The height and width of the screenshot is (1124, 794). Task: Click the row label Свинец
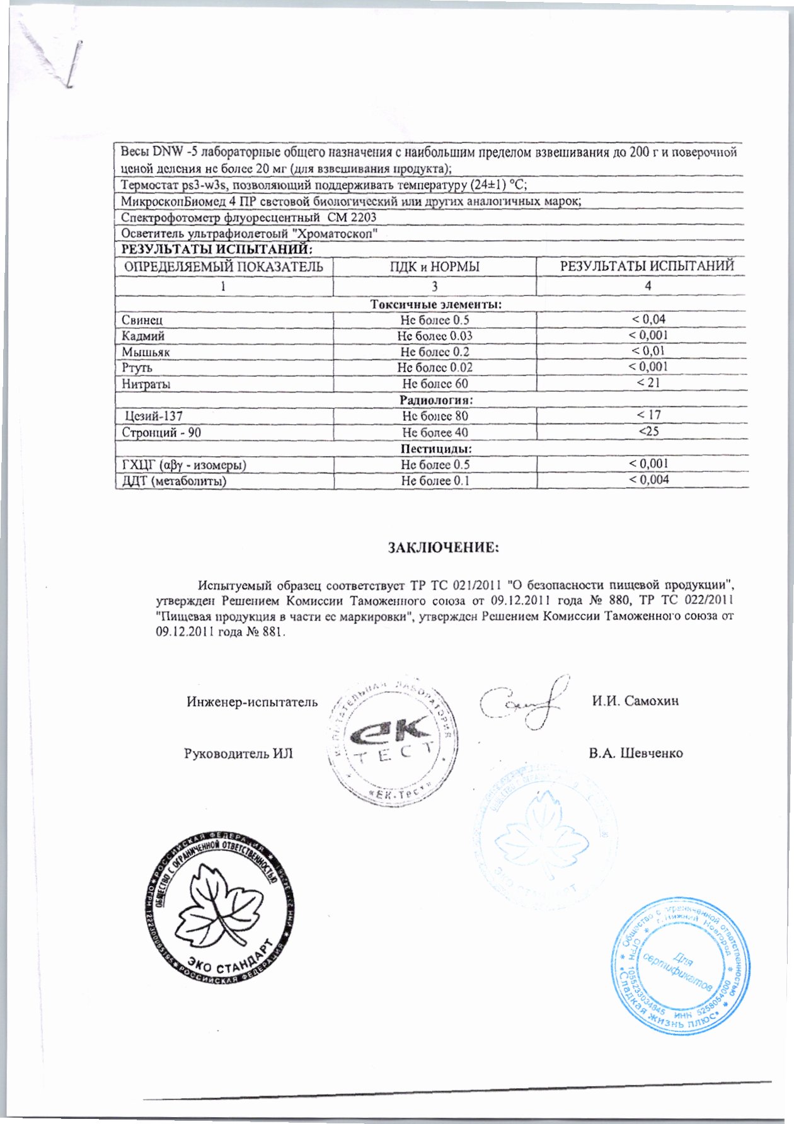(142, 320)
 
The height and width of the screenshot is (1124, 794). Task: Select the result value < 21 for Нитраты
(648, 382)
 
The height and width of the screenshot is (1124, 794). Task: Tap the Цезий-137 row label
(154, 416)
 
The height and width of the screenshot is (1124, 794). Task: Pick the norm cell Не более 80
(435, 416)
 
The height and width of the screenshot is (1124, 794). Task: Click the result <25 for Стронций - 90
(648, 432)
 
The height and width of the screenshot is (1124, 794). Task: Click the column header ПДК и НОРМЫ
(435, 267)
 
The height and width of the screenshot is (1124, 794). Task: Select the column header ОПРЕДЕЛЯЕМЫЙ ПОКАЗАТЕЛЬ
(224, 267)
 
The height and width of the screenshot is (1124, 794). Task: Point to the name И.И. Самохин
(635, 701)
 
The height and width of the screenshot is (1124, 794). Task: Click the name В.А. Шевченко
(635, 753)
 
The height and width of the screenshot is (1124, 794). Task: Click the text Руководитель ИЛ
(238, 754)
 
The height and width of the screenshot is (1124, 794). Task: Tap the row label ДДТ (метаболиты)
(174, 481)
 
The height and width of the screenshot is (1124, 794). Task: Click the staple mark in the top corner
(74, 63)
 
